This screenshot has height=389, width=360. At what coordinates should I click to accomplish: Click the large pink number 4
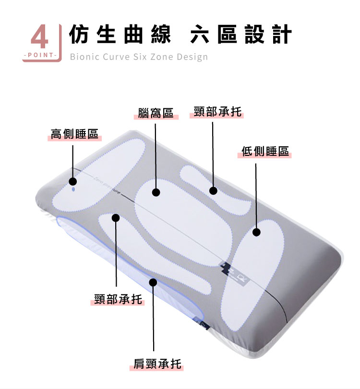pos(40,37)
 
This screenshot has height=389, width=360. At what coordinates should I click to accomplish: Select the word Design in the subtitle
pos(192,57)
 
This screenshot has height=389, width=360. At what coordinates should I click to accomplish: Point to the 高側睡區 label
pos(74,134)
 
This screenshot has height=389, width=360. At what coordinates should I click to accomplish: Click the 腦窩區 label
pos(156,113)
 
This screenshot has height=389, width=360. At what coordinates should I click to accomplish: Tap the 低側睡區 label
pos(265,151)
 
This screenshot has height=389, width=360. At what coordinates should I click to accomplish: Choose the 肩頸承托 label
pos(157,364)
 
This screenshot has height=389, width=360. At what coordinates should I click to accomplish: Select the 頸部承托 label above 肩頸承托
pos(118,299)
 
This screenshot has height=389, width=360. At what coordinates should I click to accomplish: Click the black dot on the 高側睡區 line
pos(73,182)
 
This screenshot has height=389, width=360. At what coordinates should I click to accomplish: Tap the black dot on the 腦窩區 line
pos(156,192)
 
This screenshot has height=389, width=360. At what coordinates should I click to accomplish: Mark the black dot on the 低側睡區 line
pos(256,232)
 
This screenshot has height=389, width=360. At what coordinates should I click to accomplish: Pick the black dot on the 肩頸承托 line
pos(154,283)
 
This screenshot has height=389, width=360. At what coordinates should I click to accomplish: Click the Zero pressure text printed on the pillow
pos(108,185)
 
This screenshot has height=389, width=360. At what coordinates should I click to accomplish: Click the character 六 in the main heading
pos(200,34)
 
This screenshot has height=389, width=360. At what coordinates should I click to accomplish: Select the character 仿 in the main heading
pos(79,34)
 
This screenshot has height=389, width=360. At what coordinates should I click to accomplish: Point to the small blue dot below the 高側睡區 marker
pos(73,189)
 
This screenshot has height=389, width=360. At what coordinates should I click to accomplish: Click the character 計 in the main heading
pos(282,34)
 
